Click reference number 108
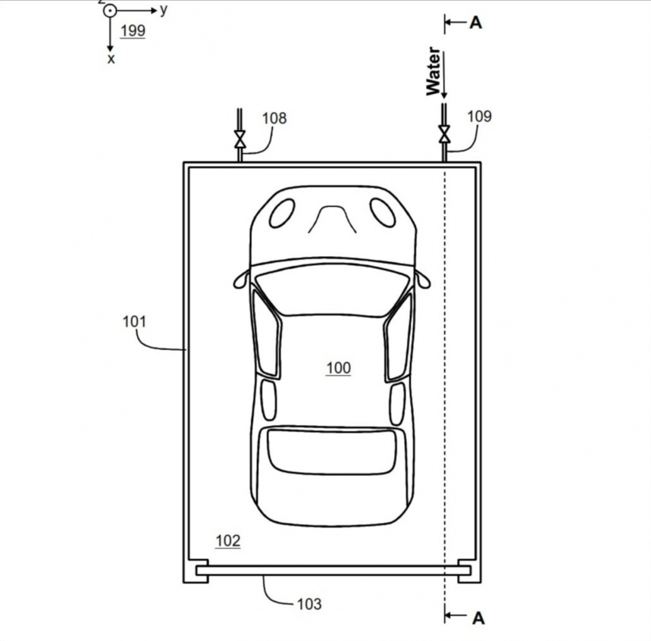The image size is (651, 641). coord(275,119)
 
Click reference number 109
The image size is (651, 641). coord(480,117)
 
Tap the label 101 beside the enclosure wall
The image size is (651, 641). coord(134,322)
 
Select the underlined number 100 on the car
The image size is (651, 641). coord(339,368)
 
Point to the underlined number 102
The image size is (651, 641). coord(228,541)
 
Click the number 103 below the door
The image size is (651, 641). coord(309,604)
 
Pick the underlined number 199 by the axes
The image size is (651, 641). coord(133,31)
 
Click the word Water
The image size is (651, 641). coord(433,72)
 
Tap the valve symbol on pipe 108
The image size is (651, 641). coord(240,139)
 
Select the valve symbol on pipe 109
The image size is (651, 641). coord(444,134)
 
